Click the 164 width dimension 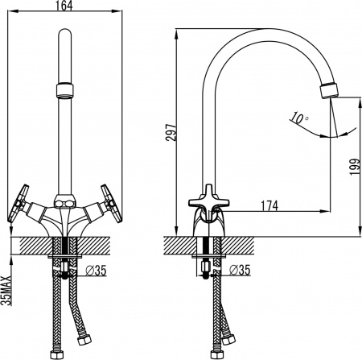(x=65, y=6)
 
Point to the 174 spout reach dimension (x=269, y=206)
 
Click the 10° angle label (x=299, y=118)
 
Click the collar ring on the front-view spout (x=65, y=88)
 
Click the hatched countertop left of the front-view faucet (x=28, y=244)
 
